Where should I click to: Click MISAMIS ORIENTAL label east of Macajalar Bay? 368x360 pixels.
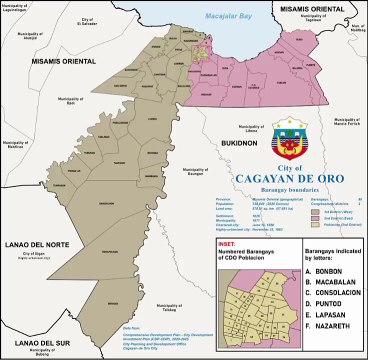coord(314,8)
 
